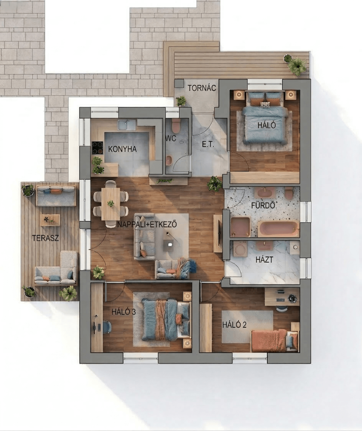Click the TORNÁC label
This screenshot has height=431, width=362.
(202, 88)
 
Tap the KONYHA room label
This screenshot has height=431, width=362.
(122, 149)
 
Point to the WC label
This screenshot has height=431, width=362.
(171, 138)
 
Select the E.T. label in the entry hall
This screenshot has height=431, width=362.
(208, 144)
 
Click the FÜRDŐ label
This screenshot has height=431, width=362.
(263, 205)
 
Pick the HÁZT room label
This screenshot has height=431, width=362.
(264, 259)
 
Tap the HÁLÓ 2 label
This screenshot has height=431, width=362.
(234, 325)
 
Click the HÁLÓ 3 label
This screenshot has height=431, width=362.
(124, 312)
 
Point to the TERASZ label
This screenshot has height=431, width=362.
(45, 238)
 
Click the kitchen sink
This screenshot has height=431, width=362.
(127, 125)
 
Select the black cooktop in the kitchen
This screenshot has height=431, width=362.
(97, 148)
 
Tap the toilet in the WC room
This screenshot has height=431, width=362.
(176, 125)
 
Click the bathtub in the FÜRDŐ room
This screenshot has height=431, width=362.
(278, 229)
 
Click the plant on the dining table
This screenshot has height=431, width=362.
(111, 204)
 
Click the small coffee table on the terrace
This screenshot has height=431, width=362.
(50, 220)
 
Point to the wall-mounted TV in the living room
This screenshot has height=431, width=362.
(219, 234)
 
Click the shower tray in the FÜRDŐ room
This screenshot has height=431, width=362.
(240, 227)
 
